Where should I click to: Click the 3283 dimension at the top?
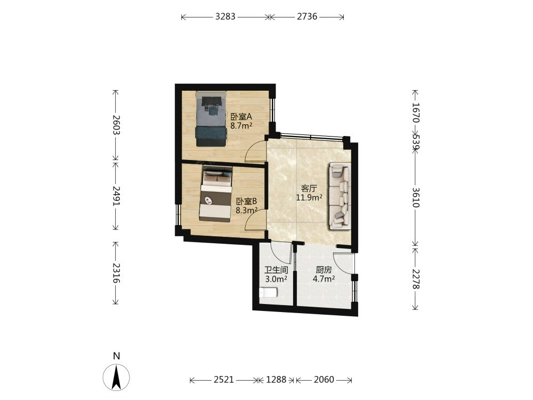point(225,17)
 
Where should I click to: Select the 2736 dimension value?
point(307,17)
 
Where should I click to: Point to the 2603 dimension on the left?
point(116,125)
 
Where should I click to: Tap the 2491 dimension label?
point(116,196)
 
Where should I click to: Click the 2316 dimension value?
point(116,273)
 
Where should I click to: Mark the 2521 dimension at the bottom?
point(224,380)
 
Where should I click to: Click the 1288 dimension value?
point(276,380)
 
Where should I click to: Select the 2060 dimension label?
point(324,380)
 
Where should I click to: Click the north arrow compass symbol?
point(116,377)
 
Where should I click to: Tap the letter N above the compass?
point(117,356)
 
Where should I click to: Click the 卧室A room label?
point(241,117)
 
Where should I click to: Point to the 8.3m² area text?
point(246,211)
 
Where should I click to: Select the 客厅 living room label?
point(309,188)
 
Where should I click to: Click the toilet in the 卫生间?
point(268,292)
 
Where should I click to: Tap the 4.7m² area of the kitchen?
point(324,279)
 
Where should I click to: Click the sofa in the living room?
point(340,196)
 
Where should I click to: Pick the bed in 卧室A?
point(211,119)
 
